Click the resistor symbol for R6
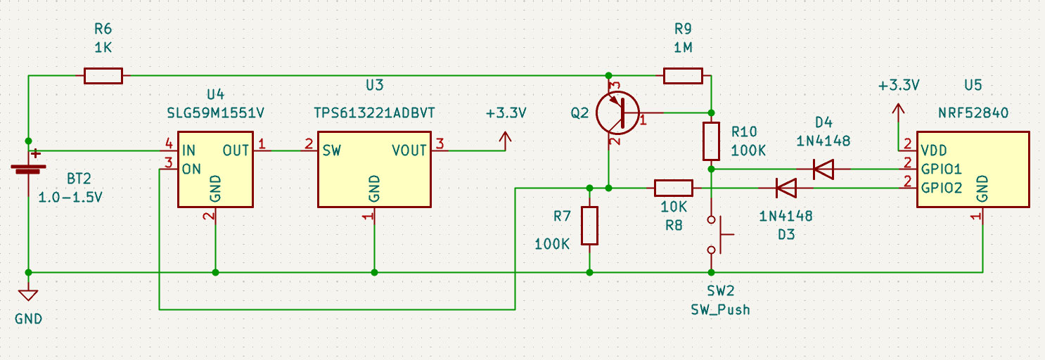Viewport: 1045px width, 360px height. [x=103, y=75]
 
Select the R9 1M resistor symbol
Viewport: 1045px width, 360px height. [x=683, y=75]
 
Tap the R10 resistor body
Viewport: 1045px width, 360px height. [x=712, y=141]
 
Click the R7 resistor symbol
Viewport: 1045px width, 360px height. [x=589, y=226]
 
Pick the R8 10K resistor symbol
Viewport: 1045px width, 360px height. [x=674, y=188]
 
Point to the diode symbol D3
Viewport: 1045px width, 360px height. [x=786, y=188]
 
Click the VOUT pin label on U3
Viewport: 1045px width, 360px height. [x=410, y=150]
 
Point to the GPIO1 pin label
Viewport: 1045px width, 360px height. [x=941, y=169]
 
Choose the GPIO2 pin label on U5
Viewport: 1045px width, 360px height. [x=941, y=188]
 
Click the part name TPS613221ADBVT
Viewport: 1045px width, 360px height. [x=374, y=112]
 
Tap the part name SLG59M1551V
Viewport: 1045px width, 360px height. [x=215, y=112]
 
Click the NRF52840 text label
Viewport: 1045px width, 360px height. [x=972, y=112]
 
